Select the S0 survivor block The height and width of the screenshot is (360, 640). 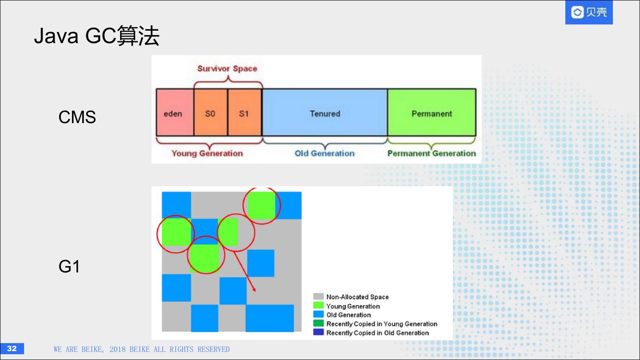click(210, 113)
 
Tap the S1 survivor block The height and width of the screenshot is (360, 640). click(244, 113)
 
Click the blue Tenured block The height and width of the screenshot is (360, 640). click(325, 113)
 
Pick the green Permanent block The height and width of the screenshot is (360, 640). click(432, 113)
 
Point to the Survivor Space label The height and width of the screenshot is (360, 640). click(227, 68)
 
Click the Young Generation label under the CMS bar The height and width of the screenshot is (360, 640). click(207, 153)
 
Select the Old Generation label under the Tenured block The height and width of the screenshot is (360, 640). click(324, 153)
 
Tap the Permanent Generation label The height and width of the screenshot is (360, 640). click(432, 153)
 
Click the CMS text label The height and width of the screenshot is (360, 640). click(77, 117)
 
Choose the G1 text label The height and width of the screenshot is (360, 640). click(69, 267)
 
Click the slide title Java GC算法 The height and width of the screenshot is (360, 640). click(96, 36)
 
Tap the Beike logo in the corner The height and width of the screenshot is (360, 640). click(589, 12)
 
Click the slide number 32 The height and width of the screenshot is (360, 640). click(12, 348)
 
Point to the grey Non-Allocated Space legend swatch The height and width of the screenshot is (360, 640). click(318, 297)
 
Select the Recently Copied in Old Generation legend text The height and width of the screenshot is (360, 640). click(378, 333)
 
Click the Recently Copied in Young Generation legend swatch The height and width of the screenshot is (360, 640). click(318, 324)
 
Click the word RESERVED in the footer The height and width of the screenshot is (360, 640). click(213, 349)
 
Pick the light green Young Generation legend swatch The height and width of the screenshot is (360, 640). click(318, 306)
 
